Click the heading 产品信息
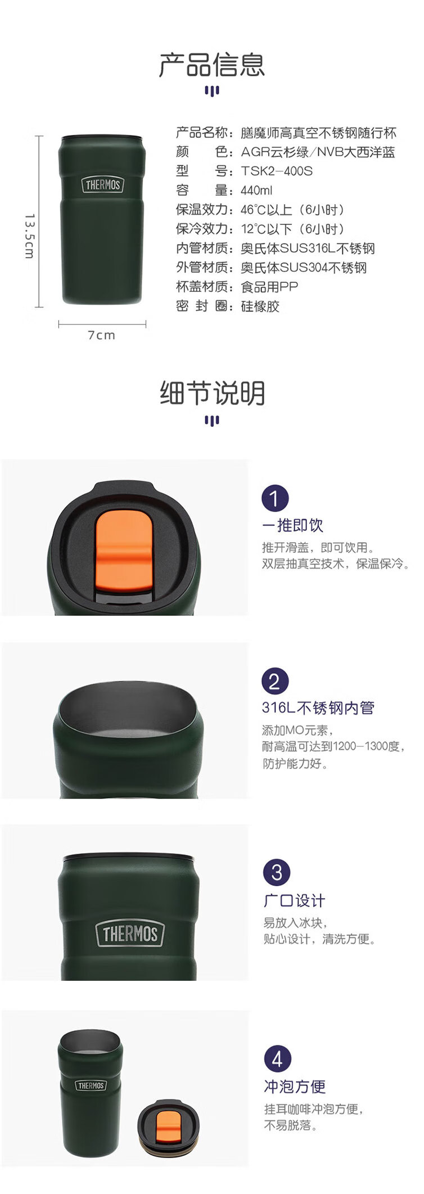tap(212, 65)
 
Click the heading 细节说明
tap(212, 393)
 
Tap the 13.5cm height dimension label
tap(30, 236)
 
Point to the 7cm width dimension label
tap(101, 335)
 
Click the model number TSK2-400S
tap(277, 171)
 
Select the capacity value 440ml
tap(256, 190)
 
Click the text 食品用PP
tap(269, 287)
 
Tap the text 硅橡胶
tap(260, 306)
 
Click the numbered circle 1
tap(275, 498)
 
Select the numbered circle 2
tap(275, 681)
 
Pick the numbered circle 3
tap(277, 872)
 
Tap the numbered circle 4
tap(277, 1059)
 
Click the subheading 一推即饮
tap(292, 525)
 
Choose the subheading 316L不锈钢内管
tap(318, 708)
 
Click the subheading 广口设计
tap(295, 900)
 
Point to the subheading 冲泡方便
tap(295, 1086)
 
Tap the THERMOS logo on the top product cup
tap(102, 184)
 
